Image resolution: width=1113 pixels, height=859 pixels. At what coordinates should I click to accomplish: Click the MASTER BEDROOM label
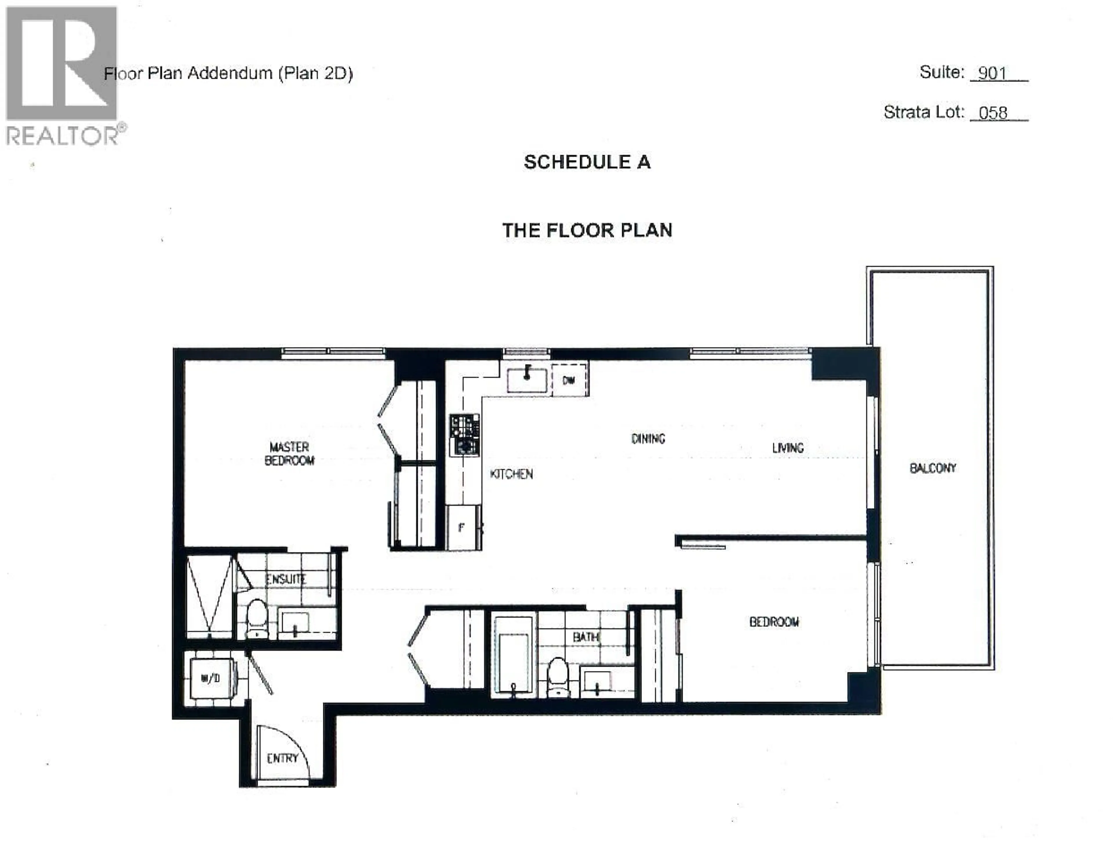[x=289, y=454]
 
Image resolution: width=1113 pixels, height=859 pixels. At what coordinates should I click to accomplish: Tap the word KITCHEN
[x=511, y=474]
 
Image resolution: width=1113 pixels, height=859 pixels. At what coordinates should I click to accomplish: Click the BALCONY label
[x=933, y=468]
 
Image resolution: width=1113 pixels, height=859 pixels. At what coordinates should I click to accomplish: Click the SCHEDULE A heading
[x=587, y=162]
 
